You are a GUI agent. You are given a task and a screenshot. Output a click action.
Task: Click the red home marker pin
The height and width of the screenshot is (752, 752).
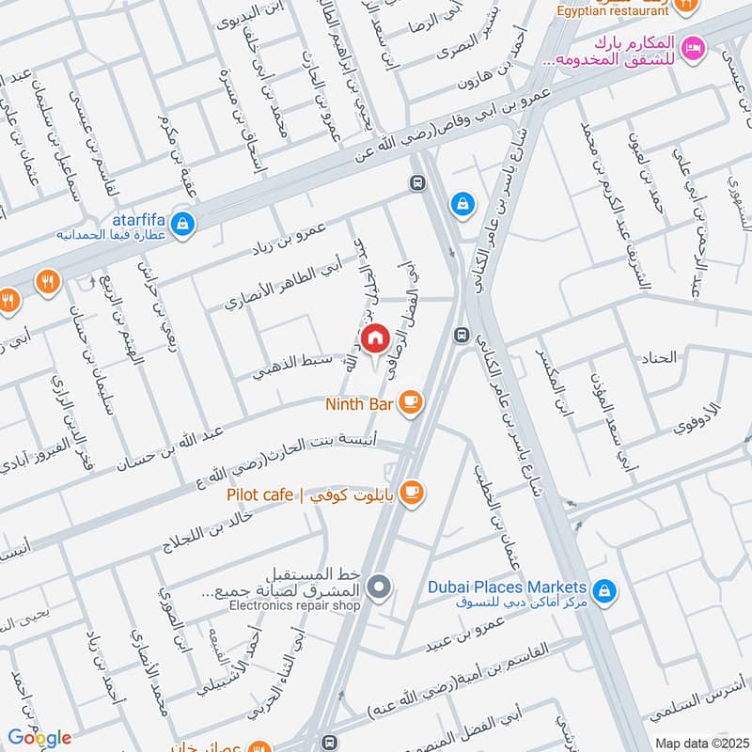[375, 338]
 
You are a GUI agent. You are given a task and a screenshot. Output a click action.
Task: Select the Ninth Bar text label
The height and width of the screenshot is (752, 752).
[358, 404]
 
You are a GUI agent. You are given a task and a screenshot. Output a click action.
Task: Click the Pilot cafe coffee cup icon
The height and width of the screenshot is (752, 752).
[410, 492]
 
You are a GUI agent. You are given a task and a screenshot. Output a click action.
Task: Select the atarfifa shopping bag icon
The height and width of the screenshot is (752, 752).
[185, 224]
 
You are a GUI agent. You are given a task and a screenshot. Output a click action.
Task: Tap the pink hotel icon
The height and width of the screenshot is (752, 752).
[693, 45]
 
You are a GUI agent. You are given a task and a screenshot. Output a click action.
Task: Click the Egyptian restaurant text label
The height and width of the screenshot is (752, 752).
[617, 11]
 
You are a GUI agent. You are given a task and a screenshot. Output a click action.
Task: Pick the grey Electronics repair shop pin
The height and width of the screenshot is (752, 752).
[378, 588]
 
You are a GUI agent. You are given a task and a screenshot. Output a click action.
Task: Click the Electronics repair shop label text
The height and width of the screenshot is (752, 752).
[294, 606]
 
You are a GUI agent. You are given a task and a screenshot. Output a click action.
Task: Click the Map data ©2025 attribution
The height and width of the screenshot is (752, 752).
[699, 743]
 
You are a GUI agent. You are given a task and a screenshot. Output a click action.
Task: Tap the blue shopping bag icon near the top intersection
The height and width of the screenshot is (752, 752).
[462, 202]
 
